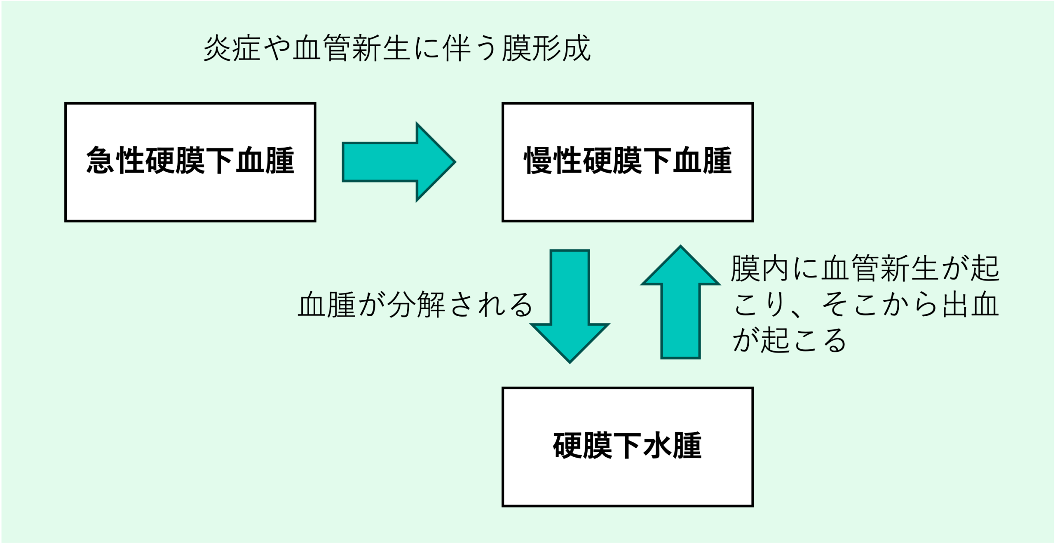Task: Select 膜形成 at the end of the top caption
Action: pyautogui.click(x=546, y=49)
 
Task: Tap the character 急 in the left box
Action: pyautogui.click(x=100, y=160)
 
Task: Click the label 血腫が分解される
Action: pyautogui.click(x=415, y=305)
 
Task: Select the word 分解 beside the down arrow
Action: pyautogui.click(x=416, y=305)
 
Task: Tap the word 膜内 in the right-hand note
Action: pyautogui.click(x=760, y=268)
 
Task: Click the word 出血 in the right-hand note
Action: pyautogui.click(x=971, y=305)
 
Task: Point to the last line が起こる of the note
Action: pyautogui.click(x=789, y=341)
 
